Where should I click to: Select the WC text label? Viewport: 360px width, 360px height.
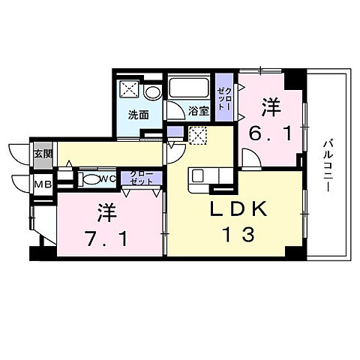(x=107, y=178)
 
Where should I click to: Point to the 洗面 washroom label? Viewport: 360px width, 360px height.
(x=137, y=115)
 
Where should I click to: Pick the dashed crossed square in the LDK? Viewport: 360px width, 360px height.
(x=198, y=136)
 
